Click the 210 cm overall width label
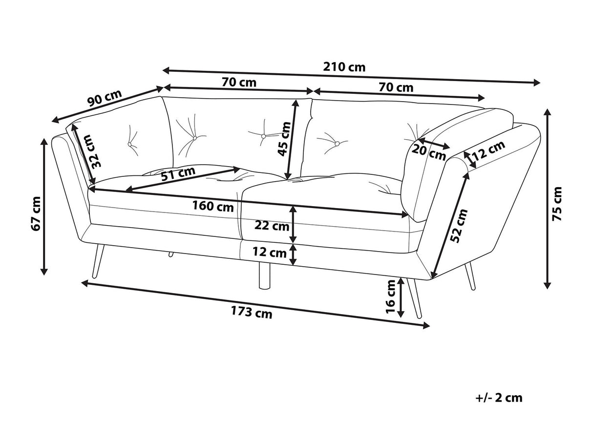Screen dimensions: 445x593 (344, 67)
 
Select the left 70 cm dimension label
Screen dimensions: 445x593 (239, 82)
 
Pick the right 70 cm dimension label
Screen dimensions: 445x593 (396, 88)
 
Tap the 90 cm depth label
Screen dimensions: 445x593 (104, 100)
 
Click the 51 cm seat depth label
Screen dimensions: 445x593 (178, 173)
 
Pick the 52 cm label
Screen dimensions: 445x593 (459, 226)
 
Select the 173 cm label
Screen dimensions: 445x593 (252, 313)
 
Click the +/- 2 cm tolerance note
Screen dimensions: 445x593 (499, 398)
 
